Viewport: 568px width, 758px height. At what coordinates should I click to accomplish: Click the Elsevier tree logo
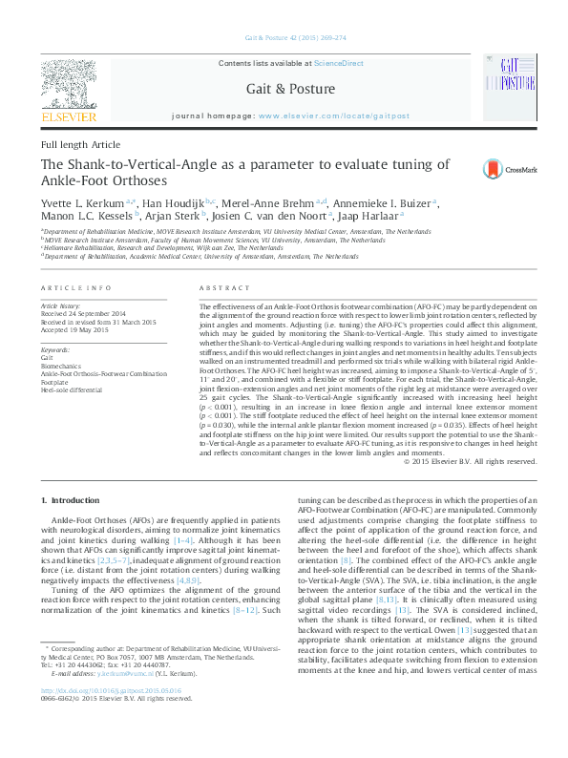pos(68,83)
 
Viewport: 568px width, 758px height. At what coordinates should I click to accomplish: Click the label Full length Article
pos(81,144)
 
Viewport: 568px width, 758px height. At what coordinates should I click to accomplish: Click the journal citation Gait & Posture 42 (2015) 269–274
pos(284,40)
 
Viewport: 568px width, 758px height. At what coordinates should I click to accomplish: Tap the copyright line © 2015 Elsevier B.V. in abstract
pos(470,462)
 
